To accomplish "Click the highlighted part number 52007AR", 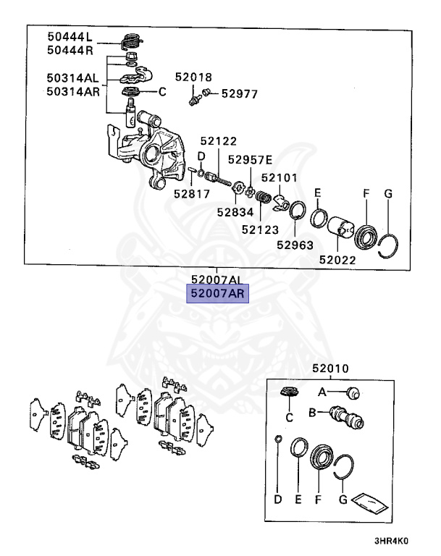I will click(x=217, y=293).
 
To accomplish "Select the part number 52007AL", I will click(x=217, y=279).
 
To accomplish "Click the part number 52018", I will click(x=192, y=77).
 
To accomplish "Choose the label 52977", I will click(x=240, y=93).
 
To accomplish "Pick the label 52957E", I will click(x=250, y=160).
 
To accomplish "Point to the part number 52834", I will click(x=234, y=212).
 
